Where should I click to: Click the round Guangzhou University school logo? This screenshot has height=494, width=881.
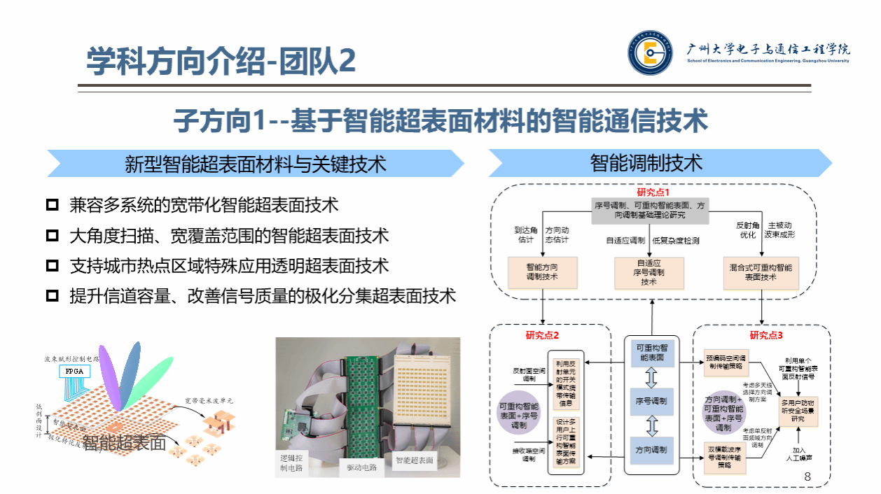649,52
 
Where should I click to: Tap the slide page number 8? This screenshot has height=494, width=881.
807,477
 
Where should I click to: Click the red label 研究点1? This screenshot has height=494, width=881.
653,192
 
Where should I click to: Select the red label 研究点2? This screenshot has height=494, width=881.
543,335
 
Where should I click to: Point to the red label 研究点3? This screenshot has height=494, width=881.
766,335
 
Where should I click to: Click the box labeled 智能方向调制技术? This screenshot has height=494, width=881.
543,273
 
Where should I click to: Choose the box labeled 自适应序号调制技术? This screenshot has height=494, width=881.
648,273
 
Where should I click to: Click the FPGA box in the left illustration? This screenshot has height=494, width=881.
73,371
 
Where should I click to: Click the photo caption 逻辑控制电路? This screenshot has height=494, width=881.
291,463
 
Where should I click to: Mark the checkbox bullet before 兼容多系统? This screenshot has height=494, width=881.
52,206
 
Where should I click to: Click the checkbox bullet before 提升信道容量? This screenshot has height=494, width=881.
52,296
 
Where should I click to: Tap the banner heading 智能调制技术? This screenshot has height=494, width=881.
646,163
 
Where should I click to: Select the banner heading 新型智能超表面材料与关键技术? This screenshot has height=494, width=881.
256,164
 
